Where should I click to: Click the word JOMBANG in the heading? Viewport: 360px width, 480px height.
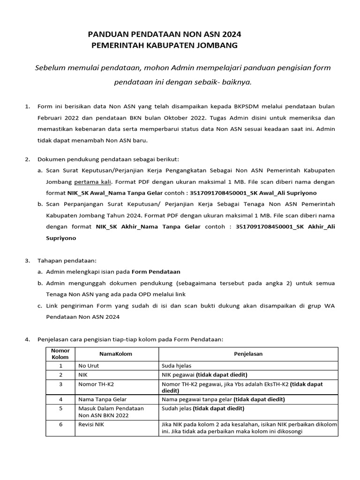pyautogui.click(x=219, y=45)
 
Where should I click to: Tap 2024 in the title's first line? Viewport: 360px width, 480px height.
pyautogui.click(x=230, y=34)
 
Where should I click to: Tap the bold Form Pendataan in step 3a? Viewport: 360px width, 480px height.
pyautogui.click(x=156, y=271)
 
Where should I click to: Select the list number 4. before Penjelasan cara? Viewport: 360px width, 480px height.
pyautogui.click(x=27, y=339)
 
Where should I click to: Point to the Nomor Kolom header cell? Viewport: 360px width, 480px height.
pyautogui.click(x=60, y=354)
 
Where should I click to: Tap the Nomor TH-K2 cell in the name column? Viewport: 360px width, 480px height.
pyautogui.click(x=96, y=384)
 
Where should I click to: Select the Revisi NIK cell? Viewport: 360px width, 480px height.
pyautogui.click(x=91, y=425)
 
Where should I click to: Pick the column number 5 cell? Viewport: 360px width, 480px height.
pyautogui.click(x=60, y=409)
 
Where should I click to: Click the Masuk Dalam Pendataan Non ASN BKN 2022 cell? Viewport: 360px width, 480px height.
pyautogui.click(x=111, y=412)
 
